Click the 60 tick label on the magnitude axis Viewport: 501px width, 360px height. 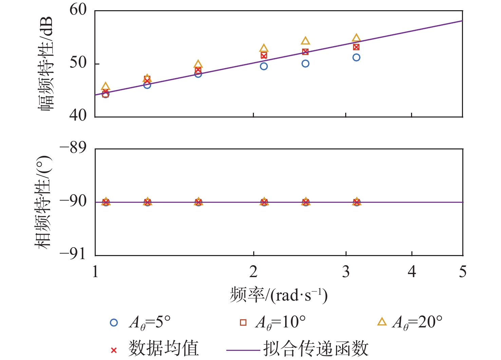pos(78,10)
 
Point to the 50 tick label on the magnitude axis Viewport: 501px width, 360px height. pos(78,63)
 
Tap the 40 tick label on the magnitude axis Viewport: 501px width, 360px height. pos(78,115)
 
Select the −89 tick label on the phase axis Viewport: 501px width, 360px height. pos(73,148)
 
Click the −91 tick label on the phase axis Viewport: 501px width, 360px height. pos(73,254)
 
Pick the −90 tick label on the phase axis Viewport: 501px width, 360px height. pos(73,201)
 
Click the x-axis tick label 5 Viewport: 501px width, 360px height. pos(463,272)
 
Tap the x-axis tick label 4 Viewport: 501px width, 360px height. pos(412,272)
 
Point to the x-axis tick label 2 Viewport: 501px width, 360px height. pos(254,272)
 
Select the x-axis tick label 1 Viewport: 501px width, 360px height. pos(95,272)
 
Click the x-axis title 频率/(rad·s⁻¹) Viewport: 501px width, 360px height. pos(278,295)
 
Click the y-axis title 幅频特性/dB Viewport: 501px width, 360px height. pos(45,64)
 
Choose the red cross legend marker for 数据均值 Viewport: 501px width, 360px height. pos(114,350)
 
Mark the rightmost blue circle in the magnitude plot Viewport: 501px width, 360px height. pos(356,57)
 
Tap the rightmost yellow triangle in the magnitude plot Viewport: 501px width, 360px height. pos(356,38)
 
